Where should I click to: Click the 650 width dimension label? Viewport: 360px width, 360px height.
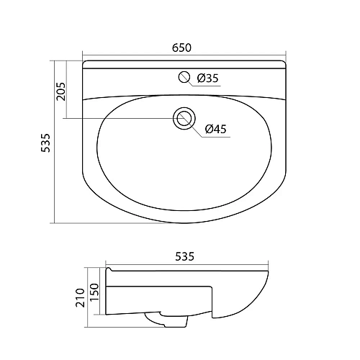[181, 48]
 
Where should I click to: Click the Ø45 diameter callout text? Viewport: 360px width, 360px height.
[216, 129]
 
